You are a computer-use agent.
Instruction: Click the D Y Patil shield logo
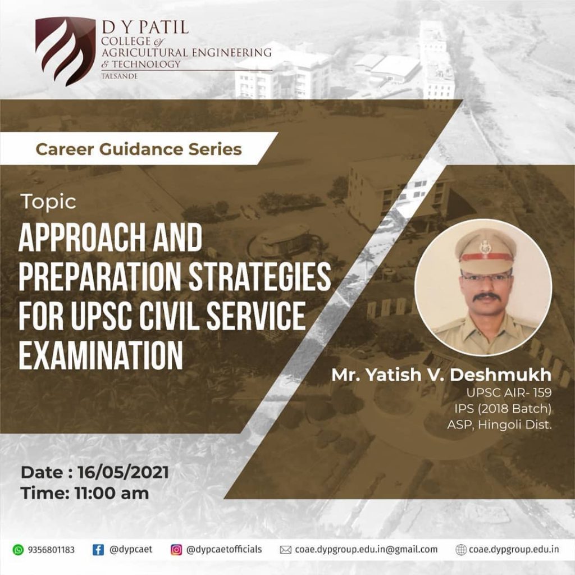(61, 51)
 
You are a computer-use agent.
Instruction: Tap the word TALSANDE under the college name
(120, 76)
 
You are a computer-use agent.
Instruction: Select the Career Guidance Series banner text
(139, 149)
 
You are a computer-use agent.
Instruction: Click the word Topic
(48, 202)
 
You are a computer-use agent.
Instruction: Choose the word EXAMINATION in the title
(101, 355)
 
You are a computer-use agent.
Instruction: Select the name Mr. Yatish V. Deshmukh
(441, 375)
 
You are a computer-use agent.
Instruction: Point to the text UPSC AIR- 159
(509, 393)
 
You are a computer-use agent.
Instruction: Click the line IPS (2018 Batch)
(503, 409)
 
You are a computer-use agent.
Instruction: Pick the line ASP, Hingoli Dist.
(499, 425)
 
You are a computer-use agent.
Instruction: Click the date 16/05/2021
(123, 472)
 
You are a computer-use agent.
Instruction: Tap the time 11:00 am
(112, 493)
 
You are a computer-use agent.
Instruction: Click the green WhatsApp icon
(18, 550)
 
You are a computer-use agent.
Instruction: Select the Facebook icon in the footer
(98, 550)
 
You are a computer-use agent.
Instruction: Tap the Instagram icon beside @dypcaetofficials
(176, 550)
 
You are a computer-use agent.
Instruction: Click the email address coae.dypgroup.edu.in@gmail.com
(366, 549)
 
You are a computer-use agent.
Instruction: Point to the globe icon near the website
(460, 550)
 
